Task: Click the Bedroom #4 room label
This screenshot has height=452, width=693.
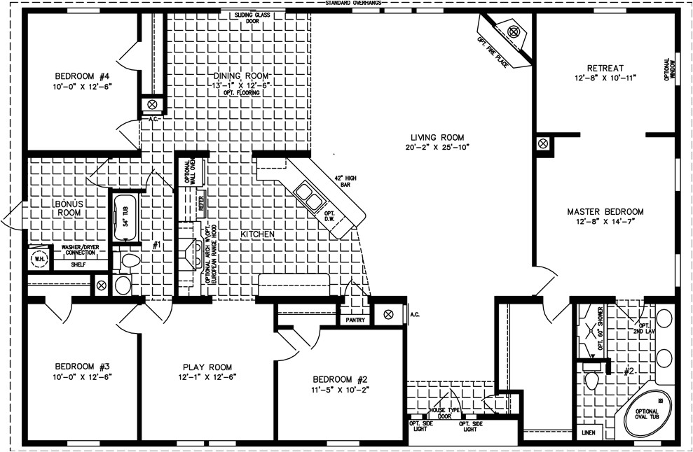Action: coord(83,76)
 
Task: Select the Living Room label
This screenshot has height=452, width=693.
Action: coord(438,137)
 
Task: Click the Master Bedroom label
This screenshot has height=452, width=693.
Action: coord(605,211)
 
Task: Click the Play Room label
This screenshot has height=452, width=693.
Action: coord(207,367)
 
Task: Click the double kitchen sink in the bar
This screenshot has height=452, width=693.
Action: coord(309,196)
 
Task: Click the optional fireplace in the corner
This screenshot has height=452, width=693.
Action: coord(512,39)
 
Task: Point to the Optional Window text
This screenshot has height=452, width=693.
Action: coord(671,71)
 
